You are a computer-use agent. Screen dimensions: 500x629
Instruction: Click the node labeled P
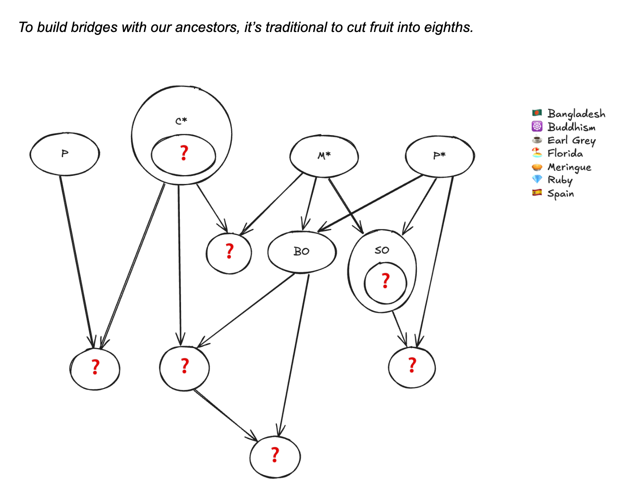pos(65,154)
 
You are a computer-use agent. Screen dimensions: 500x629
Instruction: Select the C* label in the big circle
pos(181,121)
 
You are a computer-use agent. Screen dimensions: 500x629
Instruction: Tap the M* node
pos(324,156)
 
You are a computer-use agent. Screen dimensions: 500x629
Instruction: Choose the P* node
pos(440,156)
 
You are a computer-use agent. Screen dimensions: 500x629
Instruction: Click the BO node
pos(301,251)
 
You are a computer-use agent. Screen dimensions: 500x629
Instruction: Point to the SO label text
pos(382,250)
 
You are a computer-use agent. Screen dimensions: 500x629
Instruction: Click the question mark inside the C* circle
pos(184,154)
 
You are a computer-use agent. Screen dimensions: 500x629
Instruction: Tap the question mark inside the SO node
pos(385,281)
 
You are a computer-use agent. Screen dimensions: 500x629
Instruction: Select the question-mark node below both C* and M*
pos(229,252)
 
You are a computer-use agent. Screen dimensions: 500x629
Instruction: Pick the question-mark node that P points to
pos(95,368)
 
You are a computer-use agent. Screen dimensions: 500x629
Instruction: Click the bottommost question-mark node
pos(275,455)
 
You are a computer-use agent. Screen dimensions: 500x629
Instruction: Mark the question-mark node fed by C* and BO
pos(184,367)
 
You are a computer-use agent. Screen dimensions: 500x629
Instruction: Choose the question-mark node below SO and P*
pos(412,366)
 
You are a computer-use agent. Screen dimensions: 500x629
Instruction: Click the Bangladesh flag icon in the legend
pos(537,113)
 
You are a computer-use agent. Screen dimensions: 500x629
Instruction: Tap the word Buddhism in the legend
pos(571,127)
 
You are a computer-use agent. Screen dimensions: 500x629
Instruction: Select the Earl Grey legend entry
pos(571,140)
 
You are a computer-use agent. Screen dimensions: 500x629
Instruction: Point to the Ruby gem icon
pos(537,180)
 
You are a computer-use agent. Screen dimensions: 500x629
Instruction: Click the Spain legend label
pos(560,194)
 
